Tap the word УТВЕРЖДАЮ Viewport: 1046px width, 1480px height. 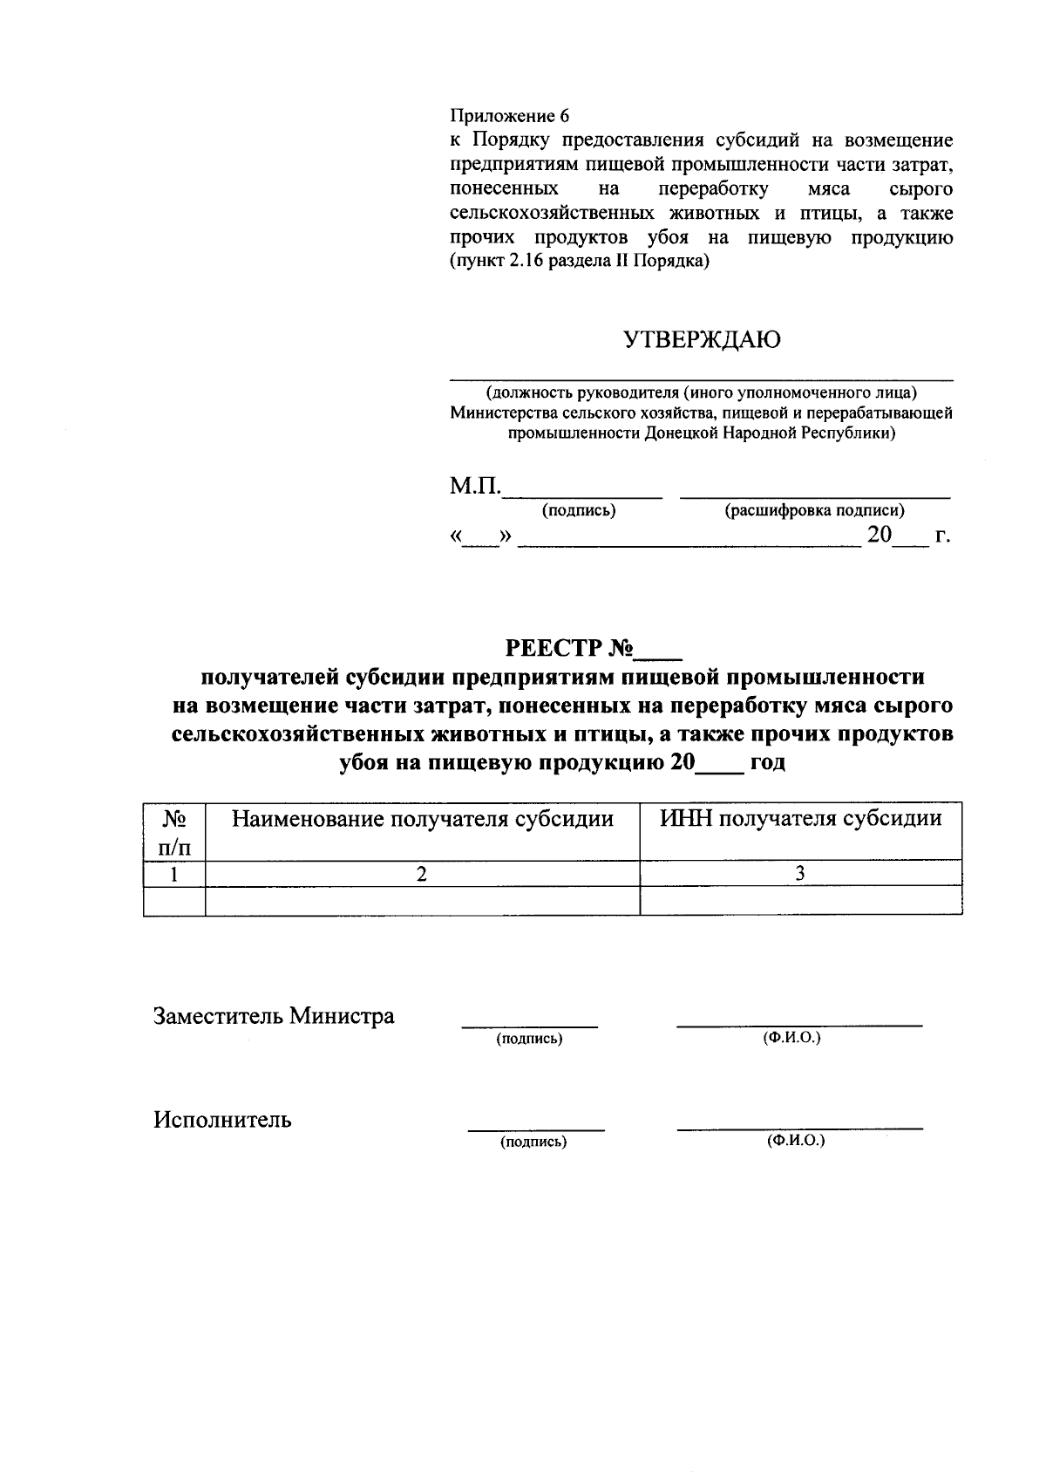coord(702,339)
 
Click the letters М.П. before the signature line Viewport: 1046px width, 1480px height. coord(475,487)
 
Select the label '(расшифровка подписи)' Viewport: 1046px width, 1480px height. coord(814,511)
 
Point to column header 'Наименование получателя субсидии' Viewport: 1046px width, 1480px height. coord(422,819)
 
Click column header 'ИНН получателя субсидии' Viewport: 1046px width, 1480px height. coord(800,819)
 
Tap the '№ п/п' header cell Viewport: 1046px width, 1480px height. coord(174,832)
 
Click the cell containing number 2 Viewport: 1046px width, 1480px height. coord(422,874)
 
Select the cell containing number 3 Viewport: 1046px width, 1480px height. coord(800,874)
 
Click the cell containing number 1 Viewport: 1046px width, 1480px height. coord(174,874)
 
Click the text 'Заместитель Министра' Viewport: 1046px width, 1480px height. coord(274,1016)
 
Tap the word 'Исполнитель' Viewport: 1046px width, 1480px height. coord(223,1120)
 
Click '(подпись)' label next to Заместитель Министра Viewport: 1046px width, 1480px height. coord(529,1039)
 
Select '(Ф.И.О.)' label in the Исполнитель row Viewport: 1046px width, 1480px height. coord(796,1141)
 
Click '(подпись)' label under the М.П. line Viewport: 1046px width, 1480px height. coord(579,511)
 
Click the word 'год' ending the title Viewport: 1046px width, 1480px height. coord(767,762)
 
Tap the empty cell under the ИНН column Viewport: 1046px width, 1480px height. coord(800,901)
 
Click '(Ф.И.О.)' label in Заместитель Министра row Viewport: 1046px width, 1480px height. coord(791,1038)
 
